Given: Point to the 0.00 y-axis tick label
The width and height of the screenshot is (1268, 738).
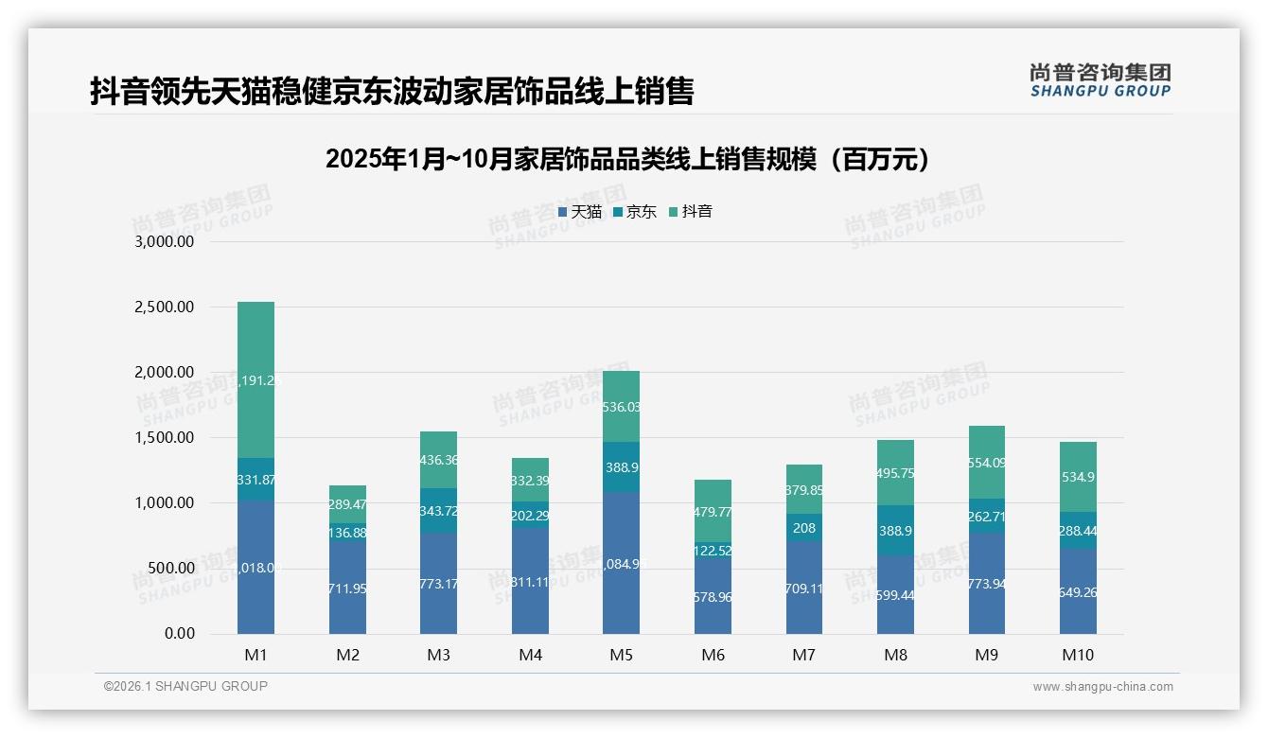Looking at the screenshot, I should pyautogui.click(x=179, y=634).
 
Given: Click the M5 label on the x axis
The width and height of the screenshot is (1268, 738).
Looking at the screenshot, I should pyautogui.click(x=621, y=655).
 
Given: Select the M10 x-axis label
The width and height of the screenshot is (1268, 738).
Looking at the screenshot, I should pyautogui.click(x=1077, y=655).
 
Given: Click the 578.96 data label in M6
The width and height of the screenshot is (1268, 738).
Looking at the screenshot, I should pyautogui.click(x=713, y=597).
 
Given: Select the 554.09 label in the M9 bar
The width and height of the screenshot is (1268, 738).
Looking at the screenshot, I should pyautogui.click(x=986, y=463).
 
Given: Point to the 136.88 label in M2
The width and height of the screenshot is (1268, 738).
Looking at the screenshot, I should pyautogui.click(x=347, y=534).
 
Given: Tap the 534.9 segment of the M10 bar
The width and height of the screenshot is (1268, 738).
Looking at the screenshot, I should pyautogui.click(x=1078, y=477).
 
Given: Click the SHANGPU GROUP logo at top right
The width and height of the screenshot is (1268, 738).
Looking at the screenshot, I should pyautogui.click(x=1100, y=80).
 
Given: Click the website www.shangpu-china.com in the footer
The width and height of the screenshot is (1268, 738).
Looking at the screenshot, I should pyautogui.click(x=1102, y=687).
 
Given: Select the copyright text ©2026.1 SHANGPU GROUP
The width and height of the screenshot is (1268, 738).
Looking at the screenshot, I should pyautogui.click(x=185, y=686).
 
